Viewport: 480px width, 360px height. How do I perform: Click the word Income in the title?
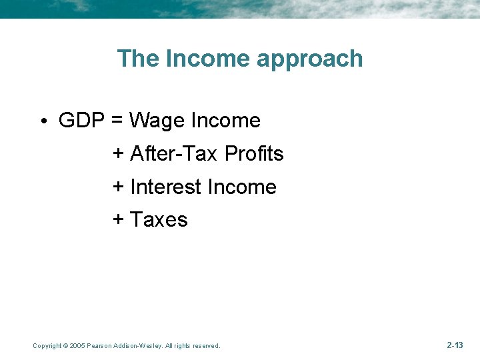tap(207, 59)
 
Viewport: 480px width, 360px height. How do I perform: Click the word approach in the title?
tap(310, 59)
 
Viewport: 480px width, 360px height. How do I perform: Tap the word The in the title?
tap(138, 59)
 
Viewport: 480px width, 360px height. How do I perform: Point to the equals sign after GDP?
tap(117, 121)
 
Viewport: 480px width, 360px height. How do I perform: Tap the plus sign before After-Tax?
tap(118, 154)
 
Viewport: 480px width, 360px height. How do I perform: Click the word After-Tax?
tap(175, 154)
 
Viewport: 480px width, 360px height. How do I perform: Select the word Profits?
tap(254, 154)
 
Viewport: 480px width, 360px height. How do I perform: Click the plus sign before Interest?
tap(118, 187)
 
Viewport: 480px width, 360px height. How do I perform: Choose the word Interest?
tap(166, 187)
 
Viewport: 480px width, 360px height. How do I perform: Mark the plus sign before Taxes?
tap(118, 220)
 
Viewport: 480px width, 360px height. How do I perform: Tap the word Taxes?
tap(159, 220)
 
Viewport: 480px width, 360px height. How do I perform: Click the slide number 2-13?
tap(455, 345)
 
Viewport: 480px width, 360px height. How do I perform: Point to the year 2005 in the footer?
tap(78, 346)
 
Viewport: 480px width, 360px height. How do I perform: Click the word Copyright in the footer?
tap(47, 346)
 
